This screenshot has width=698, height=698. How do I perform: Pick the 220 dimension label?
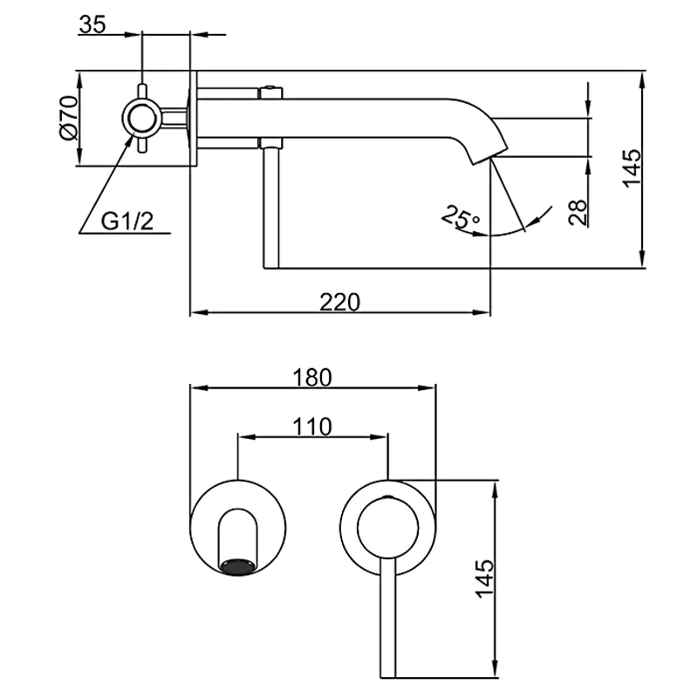pyautogui.click(x=339, y=301)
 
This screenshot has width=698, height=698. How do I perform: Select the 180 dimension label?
pyautogui.click(x=312, y=377)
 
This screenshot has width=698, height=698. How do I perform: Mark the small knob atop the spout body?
pyautogui.click(x=270, y=89)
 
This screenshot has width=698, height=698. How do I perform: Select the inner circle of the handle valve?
pyautogui.click(x=388, y=526)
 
